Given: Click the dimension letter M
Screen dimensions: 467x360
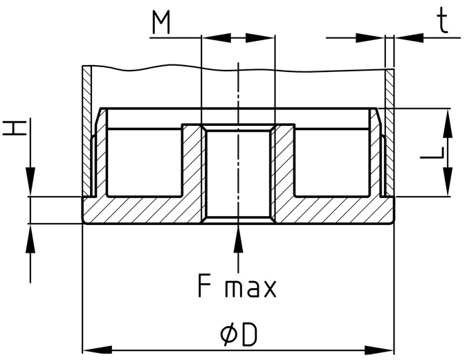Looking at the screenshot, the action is coord(161,22).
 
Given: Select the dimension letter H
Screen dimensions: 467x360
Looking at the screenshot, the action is coord(14,128).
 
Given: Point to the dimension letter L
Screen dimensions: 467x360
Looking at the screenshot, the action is coord(432,152).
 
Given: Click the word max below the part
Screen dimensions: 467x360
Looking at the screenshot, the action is coord(250,289).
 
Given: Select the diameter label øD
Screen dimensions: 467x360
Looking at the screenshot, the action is coord(238,335).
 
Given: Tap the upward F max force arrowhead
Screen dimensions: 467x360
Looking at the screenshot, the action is coord(238,238).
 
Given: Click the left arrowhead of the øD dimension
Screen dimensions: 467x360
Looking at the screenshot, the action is coord(97,350).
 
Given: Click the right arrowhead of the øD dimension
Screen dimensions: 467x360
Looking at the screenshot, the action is coord(379,350).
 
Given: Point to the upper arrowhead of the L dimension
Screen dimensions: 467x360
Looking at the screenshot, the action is coord(448,124).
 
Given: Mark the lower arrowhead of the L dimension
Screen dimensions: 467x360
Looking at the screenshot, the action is coord(448,182).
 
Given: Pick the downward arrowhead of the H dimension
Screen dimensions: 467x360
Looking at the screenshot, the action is coord(30,182).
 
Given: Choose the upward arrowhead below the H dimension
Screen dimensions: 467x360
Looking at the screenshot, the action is coord(30,238).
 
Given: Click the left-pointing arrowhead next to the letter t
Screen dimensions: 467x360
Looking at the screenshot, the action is coord(409,38).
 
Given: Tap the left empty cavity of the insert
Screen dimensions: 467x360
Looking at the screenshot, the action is coord(144,163).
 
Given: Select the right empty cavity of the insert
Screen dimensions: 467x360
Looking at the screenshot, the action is coord(332,163).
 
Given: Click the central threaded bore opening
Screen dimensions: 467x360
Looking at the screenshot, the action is coord(238,174).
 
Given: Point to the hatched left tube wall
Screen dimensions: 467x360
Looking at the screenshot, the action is coord(86,131).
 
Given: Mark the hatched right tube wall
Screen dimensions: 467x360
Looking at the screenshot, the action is coord(390,132).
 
